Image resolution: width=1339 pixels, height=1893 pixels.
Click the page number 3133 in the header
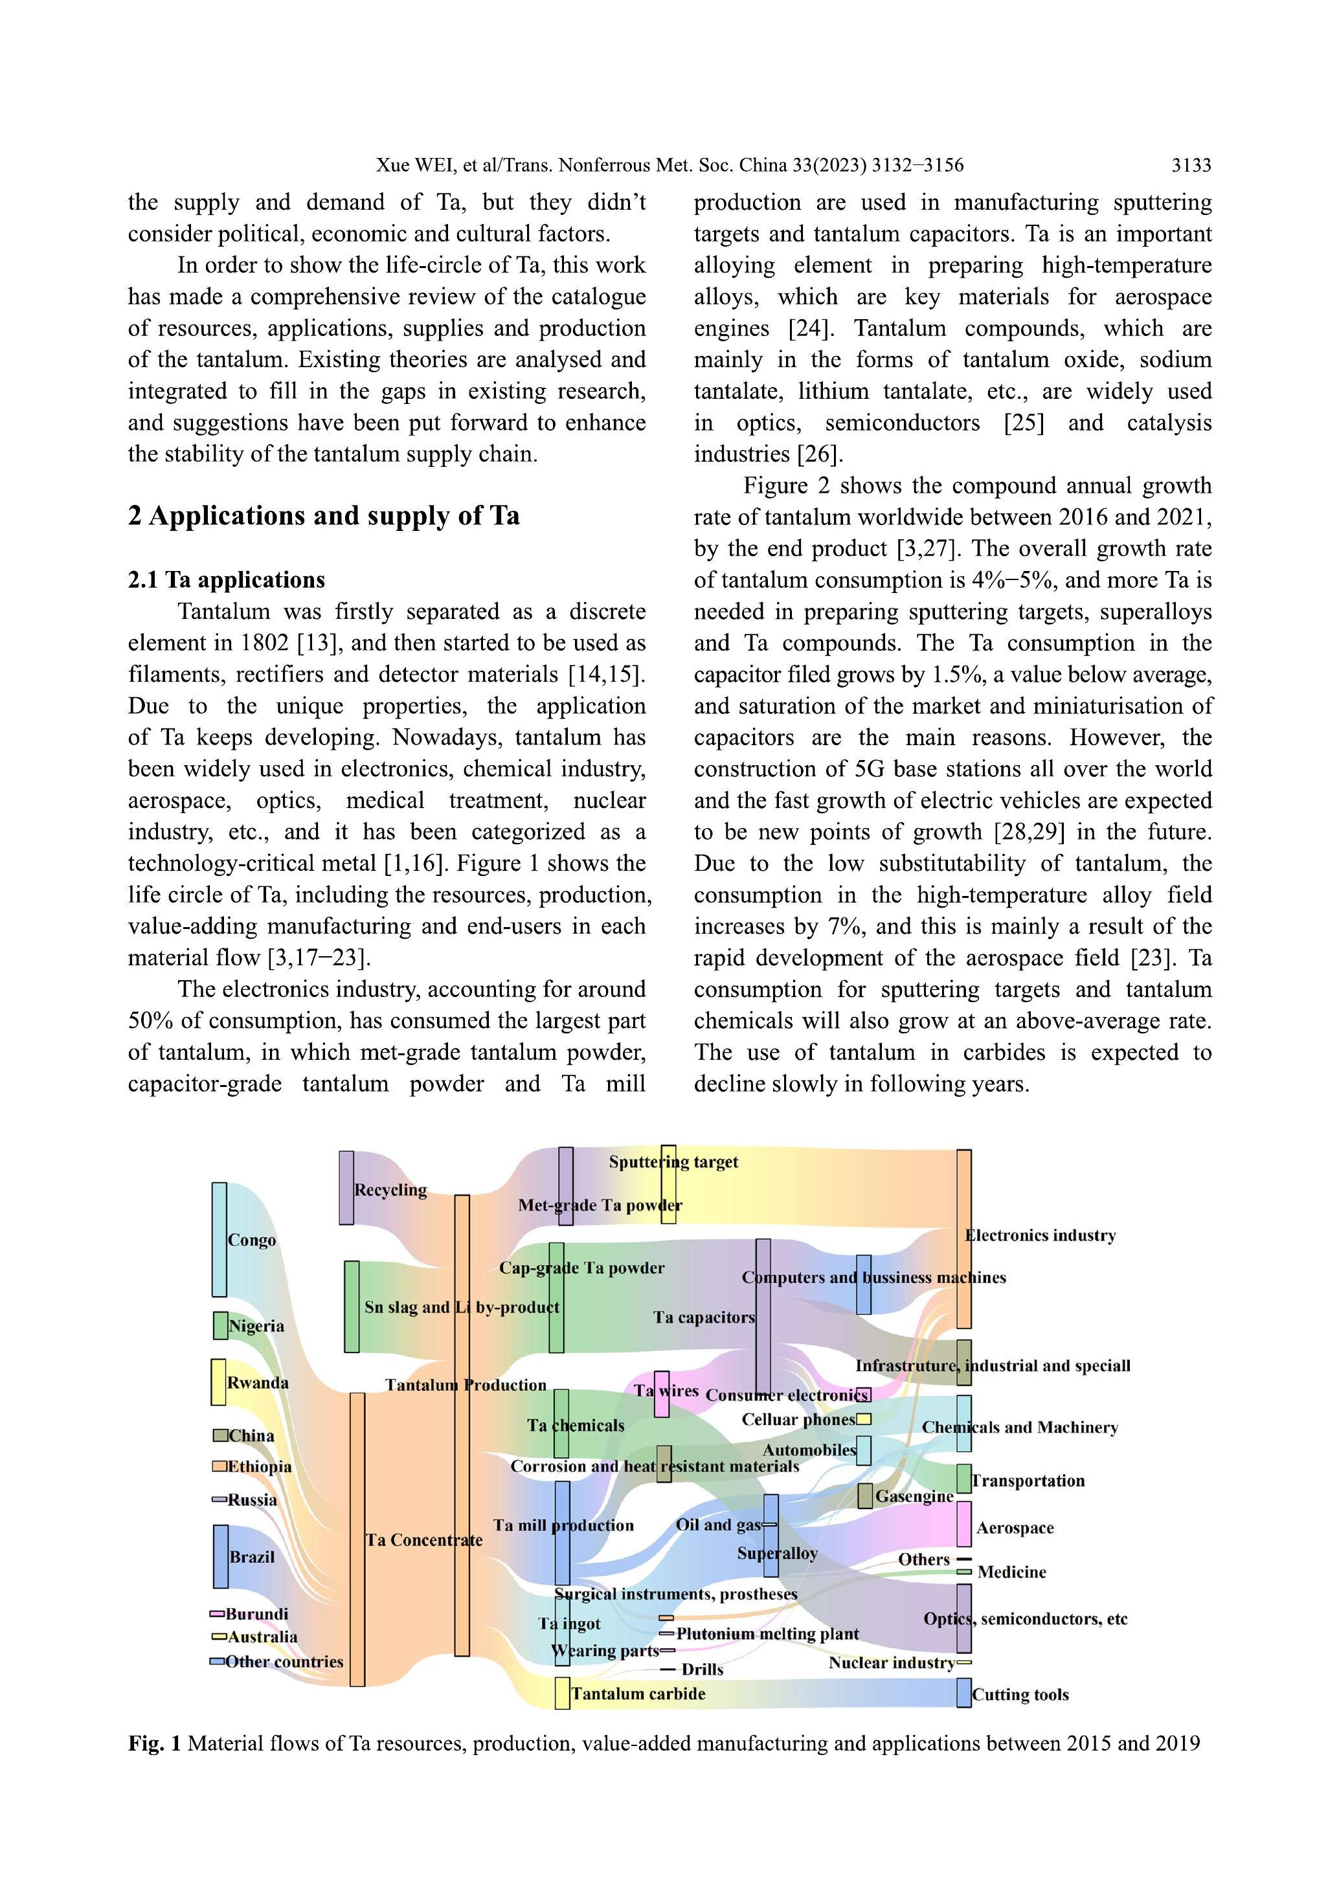click(x=1191, y=166)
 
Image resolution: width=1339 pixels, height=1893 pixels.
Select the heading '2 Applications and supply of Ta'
click(x=323, y=516)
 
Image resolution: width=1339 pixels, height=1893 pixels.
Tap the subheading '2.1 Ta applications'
click(x=226, y=579)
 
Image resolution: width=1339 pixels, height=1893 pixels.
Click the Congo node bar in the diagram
click(x=219, y=1239)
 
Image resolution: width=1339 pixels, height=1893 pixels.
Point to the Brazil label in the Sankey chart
click(x=253, y=1556)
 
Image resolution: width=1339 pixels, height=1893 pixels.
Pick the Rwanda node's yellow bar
click(x=218, y=1382)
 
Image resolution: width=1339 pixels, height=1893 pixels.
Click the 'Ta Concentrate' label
click(x=425, y=1540)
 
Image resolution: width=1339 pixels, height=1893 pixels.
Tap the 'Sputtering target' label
click(x=673, y=1161)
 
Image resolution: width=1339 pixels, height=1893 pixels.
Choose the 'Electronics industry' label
click(x=1041, y=1235)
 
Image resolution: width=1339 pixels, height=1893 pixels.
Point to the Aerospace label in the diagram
click(x=1015, y=1528)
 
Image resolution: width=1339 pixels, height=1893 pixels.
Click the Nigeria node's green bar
click(x=220, y=1325)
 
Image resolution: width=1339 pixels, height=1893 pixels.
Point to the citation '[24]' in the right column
click(x=811, y=328)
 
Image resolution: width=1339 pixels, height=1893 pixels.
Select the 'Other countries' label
click(x=284, y=1661)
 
